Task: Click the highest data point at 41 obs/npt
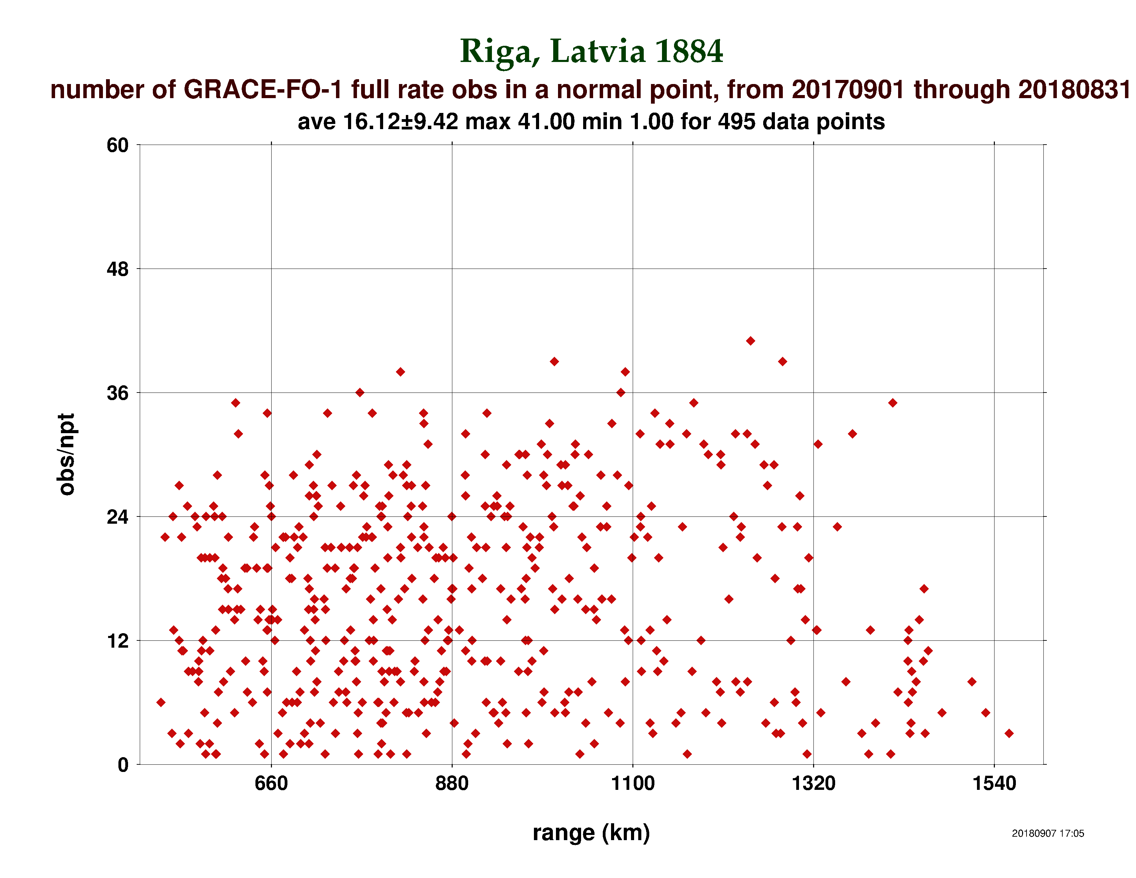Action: point(750,341)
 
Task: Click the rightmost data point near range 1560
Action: point(1009,733)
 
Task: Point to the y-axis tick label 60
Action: point(117,145)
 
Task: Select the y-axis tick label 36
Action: point(117,393)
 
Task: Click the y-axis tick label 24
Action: point(117,517)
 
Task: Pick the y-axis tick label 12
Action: point(117,641)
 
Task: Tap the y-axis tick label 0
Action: point(123,765)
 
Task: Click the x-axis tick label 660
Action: point(271,783)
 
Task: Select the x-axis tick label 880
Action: point(452,783)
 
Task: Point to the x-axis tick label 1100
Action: point(632,783)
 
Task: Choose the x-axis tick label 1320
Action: point(813,783)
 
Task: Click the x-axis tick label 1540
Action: point(994,783)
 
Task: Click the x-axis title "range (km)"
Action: point(591,833)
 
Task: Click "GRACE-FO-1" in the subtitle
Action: point(263,90)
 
